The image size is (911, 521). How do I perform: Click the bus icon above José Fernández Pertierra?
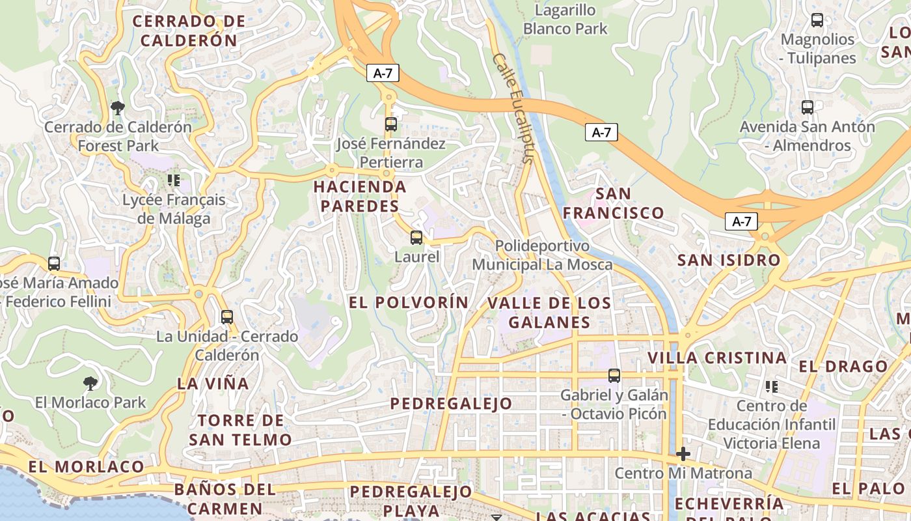(390, 124)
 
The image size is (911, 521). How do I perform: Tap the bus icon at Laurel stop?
(416, 238)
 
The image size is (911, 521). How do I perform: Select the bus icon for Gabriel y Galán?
(614, 376)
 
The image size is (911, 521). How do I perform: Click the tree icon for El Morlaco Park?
(90, 383)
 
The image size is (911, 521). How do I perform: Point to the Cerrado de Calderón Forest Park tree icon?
(118, 107)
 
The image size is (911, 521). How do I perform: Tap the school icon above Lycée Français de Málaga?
(173, 180)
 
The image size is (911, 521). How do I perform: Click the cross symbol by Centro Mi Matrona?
(683, 454)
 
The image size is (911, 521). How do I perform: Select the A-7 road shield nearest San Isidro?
(741, 221)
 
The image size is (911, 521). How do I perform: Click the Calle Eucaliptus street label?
(513, 107)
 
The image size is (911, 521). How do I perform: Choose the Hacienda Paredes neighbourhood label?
(360, 197)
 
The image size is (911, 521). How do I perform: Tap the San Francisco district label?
(613, 203)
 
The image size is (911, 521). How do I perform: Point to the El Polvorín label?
(409, 302)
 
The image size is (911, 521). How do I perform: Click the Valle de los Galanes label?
(549, 313)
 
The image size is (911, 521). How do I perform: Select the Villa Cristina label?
(717, 358)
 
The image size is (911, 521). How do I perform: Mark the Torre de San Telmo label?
(240, 430)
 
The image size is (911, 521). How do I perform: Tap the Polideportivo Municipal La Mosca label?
(542, 255)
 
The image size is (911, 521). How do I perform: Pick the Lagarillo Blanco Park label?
(565, 20)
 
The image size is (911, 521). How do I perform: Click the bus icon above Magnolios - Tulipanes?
(817, 20)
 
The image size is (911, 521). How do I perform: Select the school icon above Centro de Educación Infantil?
(772, 387)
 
